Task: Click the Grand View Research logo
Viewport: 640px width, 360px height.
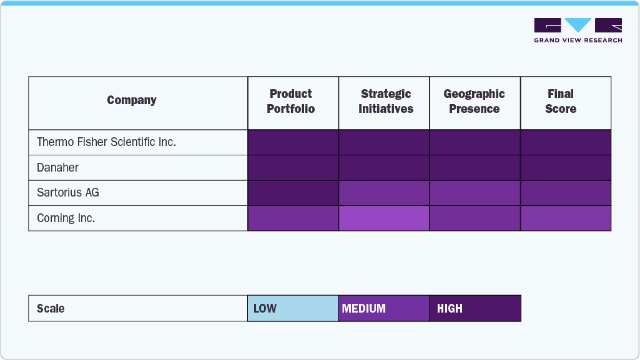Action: pyautogui.click(x=578, y=30)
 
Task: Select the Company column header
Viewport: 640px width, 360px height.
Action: pyautogui.click(x=132, y=100)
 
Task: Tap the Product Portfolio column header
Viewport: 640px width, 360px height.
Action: pyautogui.click(x=291, y=102)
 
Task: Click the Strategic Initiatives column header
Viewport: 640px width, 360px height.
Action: pyautogui.click(x=385, y=102)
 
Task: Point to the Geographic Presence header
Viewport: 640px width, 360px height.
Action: pyautogui.click(x=475, y=102)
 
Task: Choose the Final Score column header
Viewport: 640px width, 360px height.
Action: pyautogui.click(x=561, y=102)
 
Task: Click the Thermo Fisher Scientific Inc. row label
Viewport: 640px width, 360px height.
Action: pyautogui.click(x=106, y=142)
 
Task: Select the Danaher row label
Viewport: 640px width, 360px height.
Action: pyautogui.click(x=57, y=168)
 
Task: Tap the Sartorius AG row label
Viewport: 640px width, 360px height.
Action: pyautogui.click(x=67, y=193)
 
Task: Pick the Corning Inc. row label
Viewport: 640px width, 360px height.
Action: pyautogui.click(x=66, y=218)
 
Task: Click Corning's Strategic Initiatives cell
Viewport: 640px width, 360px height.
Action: pyautogui.click(x=384, y=218)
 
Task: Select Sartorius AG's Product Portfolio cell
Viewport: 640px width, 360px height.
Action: pyautogui.click(x=293, y=193)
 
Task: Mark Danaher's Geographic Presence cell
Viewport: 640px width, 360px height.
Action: pyautogui.click(x=475, y=168)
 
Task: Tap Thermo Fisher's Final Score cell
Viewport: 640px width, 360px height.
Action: pyautogui.click(x=566, y=142)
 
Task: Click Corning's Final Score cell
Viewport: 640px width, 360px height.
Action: pyautogui.click(x=566, y=218)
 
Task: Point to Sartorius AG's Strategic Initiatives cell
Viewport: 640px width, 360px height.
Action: pyautogui.click(x=384, y=193)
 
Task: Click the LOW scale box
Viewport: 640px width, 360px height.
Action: pyautogui.click(x=293, y=308)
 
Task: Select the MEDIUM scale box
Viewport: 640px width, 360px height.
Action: pyautogui.click(x=384, y=308)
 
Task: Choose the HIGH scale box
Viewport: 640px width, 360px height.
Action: pyautogui.click(x=475, y=308)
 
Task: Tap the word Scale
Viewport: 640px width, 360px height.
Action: pyautogui.click(x=51, y=309)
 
